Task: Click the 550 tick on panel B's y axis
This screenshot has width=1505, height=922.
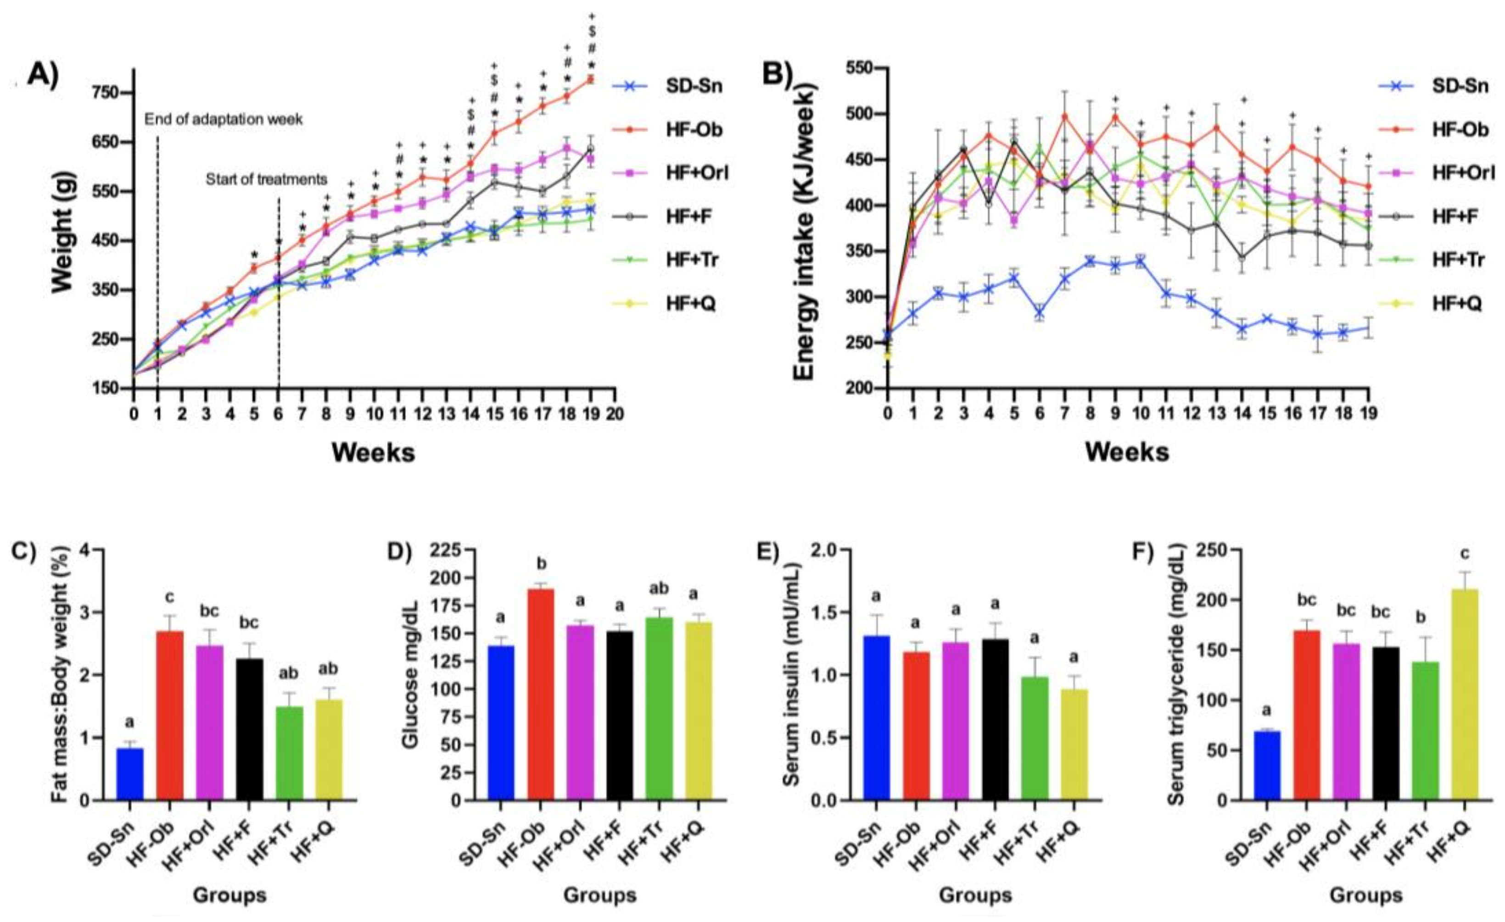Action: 862,68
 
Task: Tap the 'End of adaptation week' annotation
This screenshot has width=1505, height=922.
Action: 224,119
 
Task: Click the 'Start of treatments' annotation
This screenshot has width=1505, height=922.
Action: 266,179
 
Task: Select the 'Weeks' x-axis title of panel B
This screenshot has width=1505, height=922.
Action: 1127,452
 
